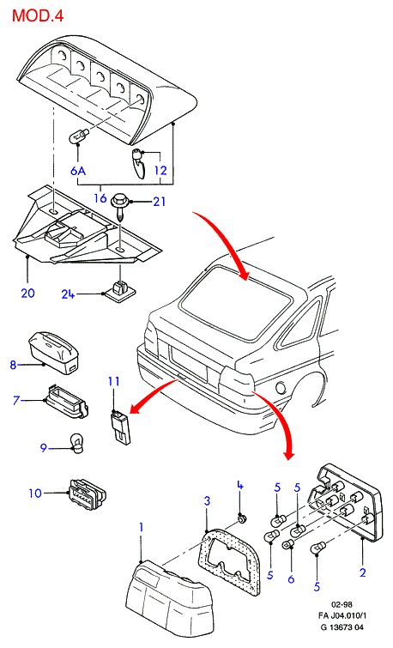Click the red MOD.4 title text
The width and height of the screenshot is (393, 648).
pos(38,15)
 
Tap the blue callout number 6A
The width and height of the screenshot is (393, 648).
pos(78,170)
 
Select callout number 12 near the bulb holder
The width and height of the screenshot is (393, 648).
pos(160,170)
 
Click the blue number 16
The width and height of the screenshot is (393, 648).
pos(100,198)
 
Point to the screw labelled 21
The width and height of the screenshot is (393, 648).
pos(120,209)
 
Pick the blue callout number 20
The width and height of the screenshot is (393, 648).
pos(27,293)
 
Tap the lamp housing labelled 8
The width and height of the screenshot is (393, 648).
pos(55,353)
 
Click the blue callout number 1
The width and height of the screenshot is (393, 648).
pos(141,528)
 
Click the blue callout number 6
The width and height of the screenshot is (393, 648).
pos(291,579)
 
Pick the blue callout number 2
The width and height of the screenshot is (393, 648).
pos(363,572)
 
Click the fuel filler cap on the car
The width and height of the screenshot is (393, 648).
pos(281,387)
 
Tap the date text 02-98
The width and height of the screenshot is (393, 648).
pos(342,604)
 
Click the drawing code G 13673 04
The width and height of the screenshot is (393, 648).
pos(342,627)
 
